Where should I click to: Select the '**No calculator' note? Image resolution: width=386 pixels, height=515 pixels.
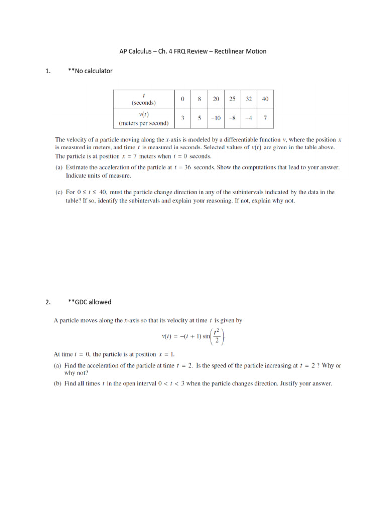point(90,71)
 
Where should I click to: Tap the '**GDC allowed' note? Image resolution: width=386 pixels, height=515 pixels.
point(89,302)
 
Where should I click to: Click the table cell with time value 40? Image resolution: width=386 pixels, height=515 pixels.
point(265,99)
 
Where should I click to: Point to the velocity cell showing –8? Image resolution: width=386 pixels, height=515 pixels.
point(232,118)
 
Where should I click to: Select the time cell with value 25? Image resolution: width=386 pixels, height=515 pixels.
point(232,99)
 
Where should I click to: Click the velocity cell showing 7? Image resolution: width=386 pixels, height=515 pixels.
point(265,118)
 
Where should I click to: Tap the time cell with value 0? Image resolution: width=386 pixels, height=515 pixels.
point(183,99)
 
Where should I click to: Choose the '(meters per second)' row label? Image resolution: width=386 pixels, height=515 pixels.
point(144,123)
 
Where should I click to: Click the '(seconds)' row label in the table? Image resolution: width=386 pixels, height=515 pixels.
point(144,102)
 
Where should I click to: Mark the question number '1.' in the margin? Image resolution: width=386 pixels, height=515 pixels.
point(48,71)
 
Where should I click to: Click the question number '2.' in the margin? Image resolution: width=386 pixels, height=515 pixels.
point(48,302)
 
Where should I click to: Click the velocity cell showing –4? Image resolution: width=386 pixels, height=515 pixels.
point(248,118)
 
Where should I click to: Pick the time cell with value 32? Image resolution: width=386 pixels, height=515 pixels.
point(248,99)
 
